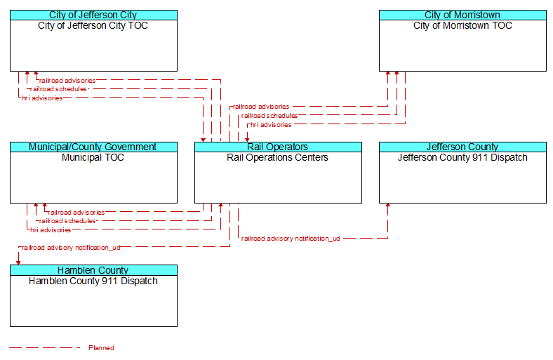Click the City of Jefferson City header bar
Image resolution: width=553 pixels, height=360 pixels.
(93, 15)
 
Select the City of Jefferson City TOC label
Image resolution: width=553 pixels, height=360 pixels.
(93, 26)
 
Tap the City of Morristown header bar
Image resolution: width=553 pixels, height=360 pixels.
(462, 15)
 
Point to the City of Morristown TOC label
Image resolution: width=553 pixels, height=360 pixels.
(462, 26)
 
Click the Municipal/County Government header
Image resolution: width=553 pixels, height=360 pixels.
(93, 147)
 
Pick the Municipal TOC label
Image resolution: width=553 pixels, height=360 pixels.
(93, 158)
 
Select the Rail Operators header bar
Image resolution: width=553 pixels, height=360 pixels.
(278, 147)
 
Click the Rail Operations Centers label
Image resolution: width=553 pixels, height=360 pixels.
(278, 158)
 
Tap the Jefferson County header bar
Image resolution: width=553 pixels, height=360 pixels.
(462, 147)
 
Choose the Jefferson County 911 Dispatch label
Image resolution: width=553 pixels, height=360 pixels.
(462, 158)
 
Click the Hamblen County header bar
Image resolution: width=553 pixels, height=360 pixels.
(93, 270)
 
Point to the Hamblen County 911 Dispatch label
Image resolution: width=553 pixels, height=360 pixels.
(93, 281)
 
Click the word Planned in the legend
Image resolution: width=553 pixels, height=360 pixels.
(101, 348)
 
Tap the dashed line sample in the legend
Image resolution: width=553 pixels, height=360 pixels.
(45, 348)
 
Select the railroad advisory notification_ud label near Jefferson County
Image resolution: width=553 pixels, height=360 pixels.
(291, 239)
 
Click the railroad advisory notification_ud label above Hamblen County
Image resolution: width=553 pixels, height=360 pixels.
(71, 248)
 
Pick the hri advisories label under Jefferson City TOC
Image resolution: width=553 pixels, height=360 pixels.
(42, 98)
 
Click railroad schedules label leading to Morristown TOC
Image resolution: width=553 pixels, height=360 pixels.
(269, 116)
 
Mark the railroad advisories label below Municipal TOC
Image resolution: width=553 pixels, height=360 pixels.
(76, 213)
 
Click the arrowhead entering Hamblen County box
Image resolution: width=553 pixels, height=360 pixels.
(18, 262)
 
